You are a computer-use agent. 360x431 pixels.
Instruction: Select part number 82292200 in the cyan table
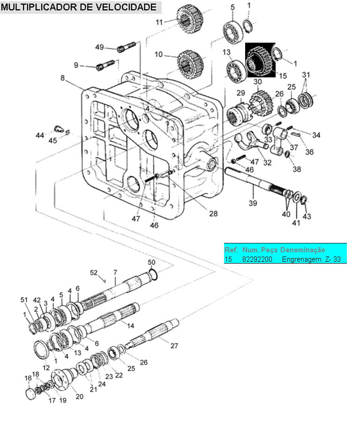257,259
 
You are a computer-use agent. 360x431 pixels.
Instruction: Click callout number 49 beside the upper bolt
99,47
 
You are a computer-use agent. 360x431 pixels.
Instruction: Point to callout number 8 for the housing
63,78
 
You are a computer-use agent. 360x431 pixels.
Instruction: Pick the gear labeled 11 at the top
190,19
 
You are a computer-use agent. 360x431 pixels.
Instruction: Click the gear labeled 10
190,64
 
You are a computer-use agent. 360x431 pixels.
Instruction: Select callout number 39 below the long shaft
253,203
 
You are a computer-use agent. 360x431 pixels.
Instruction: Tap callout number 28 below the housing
213,213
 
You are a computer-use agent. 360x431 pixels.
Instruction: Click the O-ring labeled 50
153,275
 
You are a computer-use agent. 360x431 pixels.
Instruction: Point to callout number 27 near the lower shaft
174,346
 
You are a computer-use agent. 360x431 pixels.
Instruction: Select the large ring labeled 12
42,349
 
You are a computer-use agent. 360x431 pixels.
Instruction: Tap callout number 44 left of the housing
40,135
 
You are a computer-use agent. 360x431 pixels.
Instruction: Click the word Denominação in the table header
302,250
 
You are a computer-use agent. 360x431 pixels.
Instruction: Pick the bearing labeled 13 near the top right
235,71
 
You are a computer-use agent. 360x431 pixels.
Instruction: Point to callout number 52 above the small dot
94,272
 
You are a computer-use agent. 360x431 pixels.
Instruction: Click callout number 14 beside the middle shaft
130,326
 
